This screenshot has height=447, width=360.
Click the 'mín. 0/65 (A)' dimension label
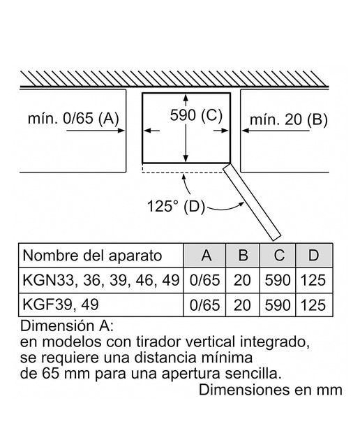coord(73,118)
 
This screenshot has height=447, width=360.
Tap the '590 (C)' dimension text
coord(196,115)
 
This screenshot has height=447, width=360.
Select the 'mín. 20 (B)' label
coord(289,119)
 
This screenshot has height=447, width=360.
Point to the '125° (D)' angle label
coord(176,206)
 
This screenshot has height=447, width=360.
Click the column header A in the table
coord(207,255)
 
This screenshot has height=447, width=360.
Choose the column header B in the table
coord(243,255)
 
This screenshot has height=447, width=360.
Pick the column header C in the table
coord(279,255)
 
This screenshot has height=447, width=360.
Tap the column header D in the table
coord(313,255)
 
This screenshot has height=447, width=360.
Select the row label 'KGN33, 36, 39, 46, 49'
coord(101,280)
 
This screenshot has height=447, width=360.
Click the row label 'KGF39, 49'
coord(61,305)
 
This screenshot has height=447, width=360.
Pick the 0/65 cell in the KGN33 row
coord(205,280)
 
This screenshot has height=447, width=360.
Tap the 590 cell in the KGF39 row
coord(278,305)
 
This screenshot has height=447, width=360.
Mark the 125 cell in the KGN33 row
coord(313,280)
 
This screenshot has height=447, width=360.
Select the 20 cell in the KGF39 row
coord(242,305)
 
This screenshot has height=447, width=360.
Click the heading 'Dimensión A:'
coord(67,326)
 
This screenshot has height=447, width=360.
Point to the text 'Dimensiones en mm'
coord(270,390)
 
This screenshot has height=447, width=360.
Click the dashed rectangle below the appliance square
coord(183,173)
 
